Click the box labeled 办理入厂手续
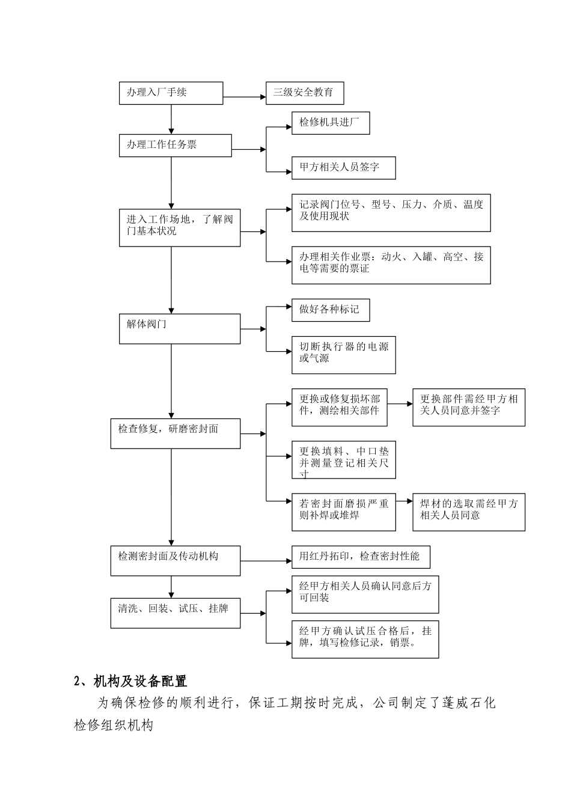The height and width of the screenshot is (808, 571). point(171,93)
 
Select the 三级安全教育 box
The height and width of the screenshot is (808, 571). point(305,93)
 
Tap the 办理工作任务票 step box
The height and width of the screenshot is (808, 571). point(175,145)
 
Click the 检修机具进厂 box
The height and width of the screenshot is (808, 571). point(330,123)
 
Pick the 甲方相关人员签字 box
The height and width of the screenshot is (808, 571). point(343,168)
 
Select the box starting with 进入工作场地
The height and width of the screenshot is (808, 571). point(180,227)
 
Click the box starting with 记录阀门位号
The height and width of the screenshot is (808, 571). point(391,213)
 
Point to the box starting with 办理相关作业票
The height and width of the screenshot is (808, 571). point(391,265)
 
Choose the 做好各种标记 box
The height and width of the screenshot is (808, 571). point(330,310)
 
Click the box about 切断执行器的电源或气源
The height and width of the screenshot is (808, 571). point(343,355)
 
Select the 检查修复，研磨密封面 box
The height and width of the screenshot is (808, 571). point(175,433)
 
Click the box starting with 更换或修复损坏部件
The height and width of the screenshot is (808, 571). point(340,407)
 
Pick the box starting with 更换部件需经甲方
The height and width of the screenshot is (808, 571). point(468,407)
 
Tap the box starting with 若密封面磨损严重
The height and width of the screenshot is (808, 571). point(343,512)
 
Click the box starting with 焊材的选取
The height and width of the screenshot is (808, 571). point(468,512)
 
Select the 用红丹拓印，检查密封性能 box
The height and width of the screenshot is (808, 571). point(361,557)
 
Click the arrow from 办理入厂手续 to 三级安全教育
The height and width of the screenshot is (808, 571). point(244,96)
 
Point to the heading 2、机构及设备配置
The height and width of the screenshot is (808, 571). point(130,681)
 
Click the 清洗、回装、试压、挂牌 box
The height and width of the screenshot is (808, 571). point(175,613)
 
